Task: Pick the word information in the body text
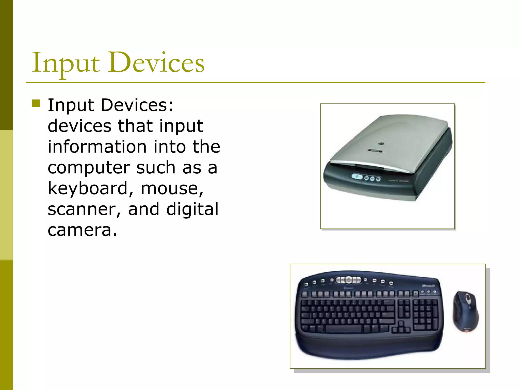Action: tap(97, 147)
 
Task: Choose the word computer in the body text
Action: tap(89, 168)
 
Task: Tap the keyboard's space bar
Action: tap(344, 329)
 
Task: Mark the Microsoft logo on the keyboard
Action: tap(428, 286)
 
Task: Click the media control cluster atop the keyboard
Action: tap(349, 280)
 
